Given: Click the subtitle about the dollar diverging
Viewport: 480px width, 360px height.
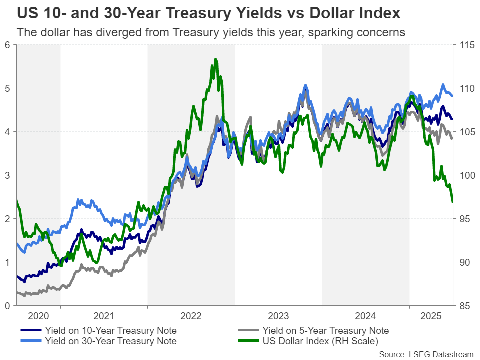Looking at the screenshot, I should (210, 33).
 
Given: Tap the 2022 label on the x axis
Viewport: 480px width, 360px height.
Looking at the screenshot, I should (191, 316).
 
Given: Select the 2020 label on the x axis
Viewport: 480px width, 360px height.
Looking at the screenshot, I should (38, 316).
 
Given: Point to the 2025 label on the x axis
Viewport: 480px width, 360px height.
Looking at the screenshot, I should (431, 316).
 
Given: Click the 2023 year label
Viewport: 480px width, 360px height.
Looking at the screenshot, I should (278, 316).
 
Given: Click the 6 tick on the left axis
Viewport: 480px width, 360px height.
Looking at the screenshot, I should (7, 45).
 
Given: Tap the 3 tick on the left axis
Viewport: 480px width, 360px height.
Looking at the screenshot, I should (7, 175).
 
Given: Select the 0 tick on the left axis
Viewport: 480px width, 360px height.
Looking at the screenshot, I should (7, 305).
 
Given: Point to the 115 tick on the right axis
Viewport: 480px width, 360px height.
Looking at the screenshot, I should (466, 45).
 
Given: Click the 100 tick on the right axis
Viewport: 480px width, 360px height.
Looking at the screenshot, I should (466, 175).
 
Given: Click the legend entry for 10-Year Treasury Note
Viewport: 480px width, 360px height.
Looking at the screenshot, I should (110, 331).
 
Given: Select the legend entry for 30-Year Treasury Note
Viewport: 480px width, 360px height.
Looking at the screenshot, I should (110, 341).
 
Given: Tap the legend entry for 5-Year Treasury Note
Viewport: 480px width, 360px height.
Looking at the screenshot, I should (324, 331).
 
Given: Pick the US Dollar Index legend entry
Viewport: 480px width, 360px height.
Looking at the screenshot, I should (320, 341).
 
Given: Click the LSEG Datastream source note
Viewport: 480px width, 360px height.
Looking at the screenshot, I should (426, 354).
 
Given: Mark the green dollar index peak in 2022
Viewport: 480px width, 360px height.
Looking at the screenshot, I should (216, 59).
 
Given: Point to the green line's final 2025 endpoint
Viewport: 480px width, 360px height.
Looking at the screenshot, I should (452, 202).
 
